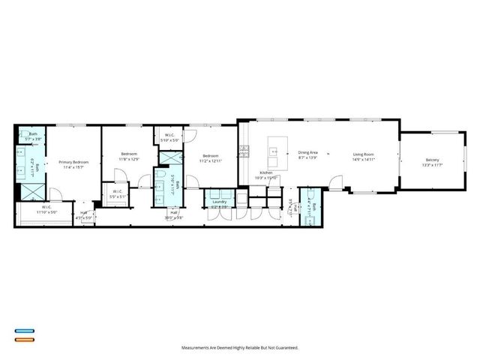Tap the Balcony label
tap(433, 160)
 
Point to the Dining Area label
tap(308, 153)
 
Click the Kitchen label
tap(266, 172)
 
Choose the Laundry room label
tap(220, 202)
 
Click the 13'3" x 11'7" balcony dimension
tap(433, 165)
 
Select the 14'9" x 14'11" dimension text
tap(364, 160)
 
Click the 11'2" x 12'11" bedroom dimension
tap(211, 160)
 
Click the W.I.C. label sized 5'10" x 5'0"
tap(171, 136)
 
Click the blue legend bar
tap(24, 331)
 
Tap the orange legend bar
tap(24, 339)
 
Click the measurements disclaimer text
tap(240, 348)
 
